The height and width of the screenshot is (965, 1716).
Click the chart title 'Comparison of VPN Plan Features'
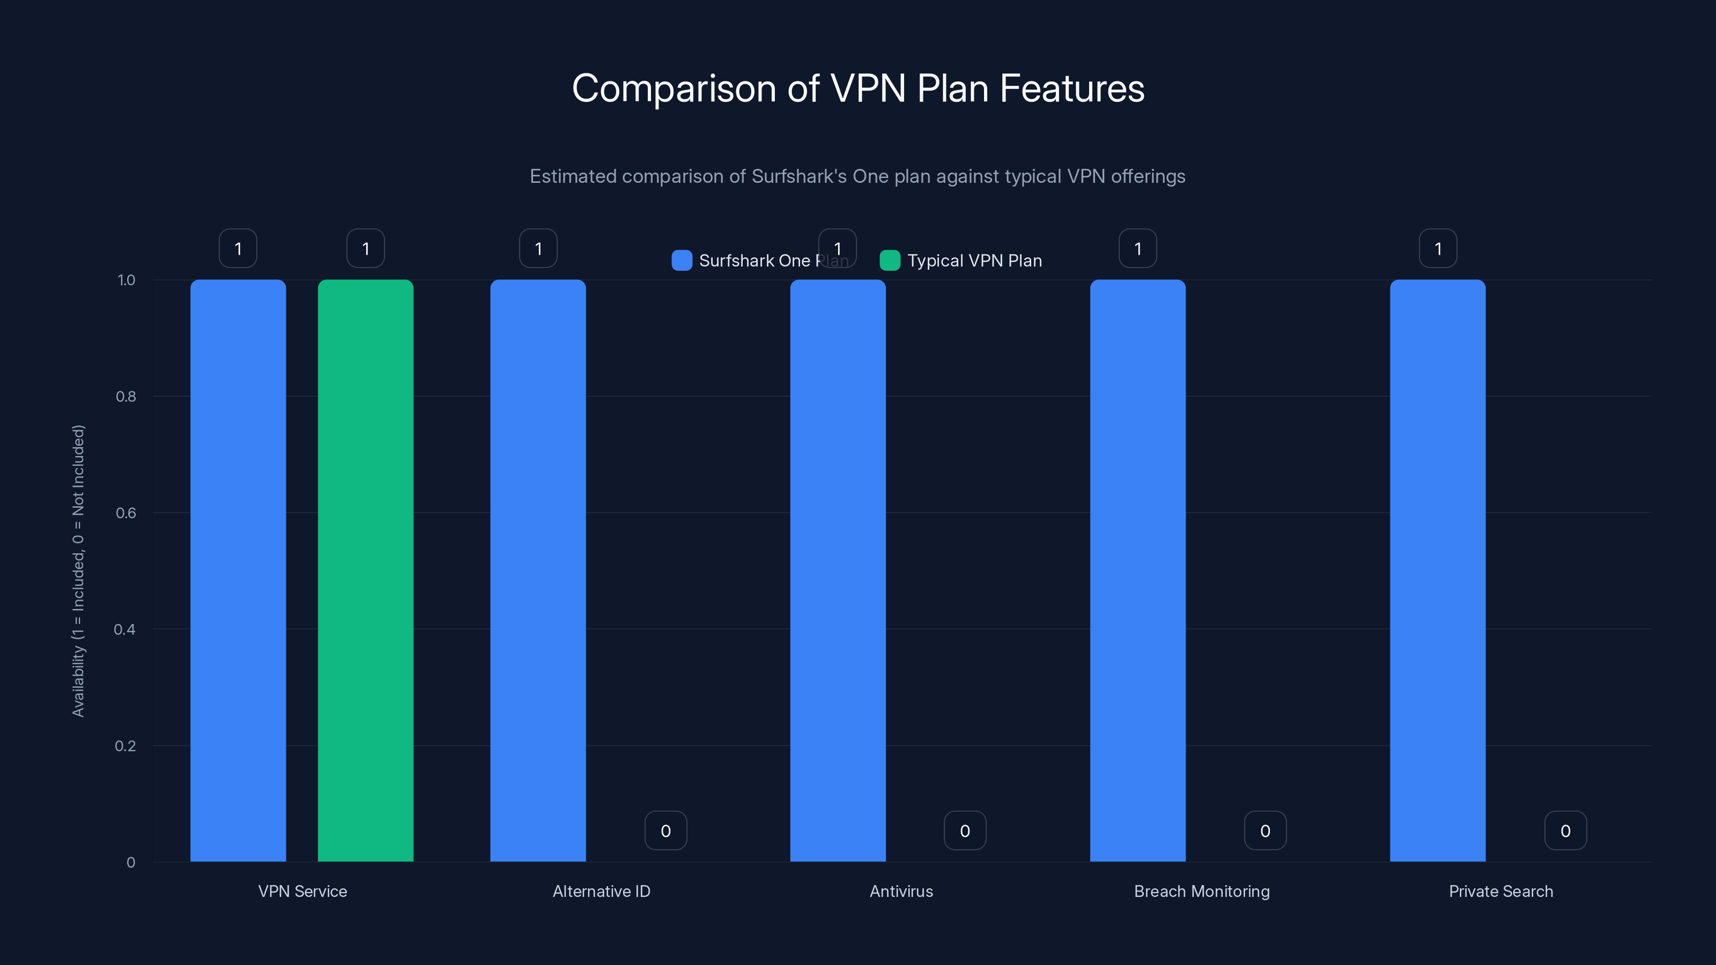pos(858,88)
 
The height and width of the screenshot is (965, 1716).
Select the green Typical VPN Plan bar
pos(365,570)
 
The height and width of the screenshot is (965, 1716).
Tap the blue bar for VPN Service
pos(238,570)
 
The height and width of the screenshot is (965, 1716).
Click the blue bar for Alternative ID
pos(537,570)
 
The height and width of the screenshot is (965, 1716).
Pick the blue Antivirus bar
pos(837,570)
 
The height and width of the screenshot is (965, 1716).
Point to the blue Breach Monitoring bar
pos(1137,570)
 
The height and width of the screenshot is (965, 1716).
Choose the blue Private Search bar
pos(1438,570)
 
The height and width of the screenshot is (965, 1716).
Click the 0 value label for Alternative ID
pos(665,830)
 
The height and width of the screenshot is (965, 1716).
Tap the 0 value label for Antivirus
pos(965,830)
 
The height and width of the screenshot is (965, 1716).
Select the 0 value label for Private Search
pos(1565,830)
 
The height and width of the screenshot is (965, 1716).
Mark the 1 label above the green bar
pos(365,248)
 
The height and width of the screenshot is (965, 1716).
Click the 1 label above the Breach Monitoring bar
pos(1137,248)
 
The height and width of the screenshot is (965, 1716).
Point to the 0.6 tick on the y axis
pos(126,513)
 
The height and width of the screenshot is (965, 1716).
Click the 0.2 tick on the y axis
pos(125,746)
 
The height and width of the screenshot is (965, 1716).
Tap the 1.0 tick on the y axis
pos(126,280)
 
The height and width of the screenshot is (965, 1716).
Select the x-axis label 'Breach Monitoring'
pos(1202,891)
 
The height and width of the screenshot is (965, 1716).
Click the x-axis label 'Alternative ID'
pos(602,891)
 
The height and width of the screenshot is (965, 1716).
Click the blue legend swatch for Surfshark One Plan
pos(682,261)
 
